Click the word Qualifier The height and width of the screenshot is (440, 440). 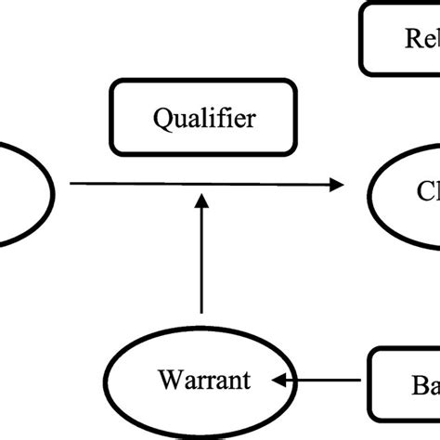tap(203, 119)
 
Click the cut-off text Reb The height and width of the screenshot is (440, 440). tap(419, 38)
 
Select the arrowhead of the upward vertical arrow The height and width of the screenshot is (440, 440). tap(201, 201)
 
